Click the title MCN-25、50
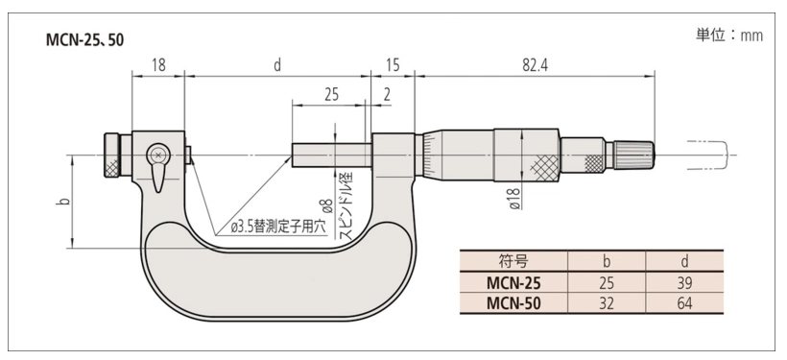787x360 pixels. pyautogui.click(x=84, y=40)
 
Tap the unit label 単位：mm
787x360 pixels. pyautogui.click(x=729, y=36)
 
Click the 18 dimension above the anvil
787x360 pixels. pyautogui.click(x=158, y=66)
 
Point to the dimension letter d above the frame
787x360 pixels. pyautogui.click(x=277, y=66)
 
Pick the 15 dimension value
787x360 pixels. pyautogui.click(x=393, y=66)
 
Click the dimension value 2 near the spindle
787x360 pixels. pyautogui.click(x=387, y=95)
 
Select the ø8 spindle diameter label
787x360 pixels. pyautogui.click(x=326, y=205)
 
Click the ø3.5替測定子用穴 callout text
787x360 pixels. pyautogui.click(x=278, y=227)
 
